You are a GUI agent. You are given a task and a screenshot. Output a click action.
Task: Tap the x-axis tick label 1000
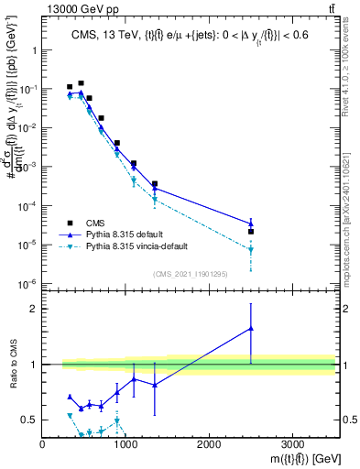[125, 445]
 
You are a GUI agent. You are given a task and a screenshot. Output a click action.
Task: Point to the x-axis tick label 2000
[209, 445]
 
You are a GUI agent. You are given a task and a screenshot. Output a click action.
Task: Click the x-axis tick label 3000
[292, 445]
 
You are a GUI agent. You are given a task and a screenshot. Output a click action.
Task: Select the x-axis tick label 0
[42, 445]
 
